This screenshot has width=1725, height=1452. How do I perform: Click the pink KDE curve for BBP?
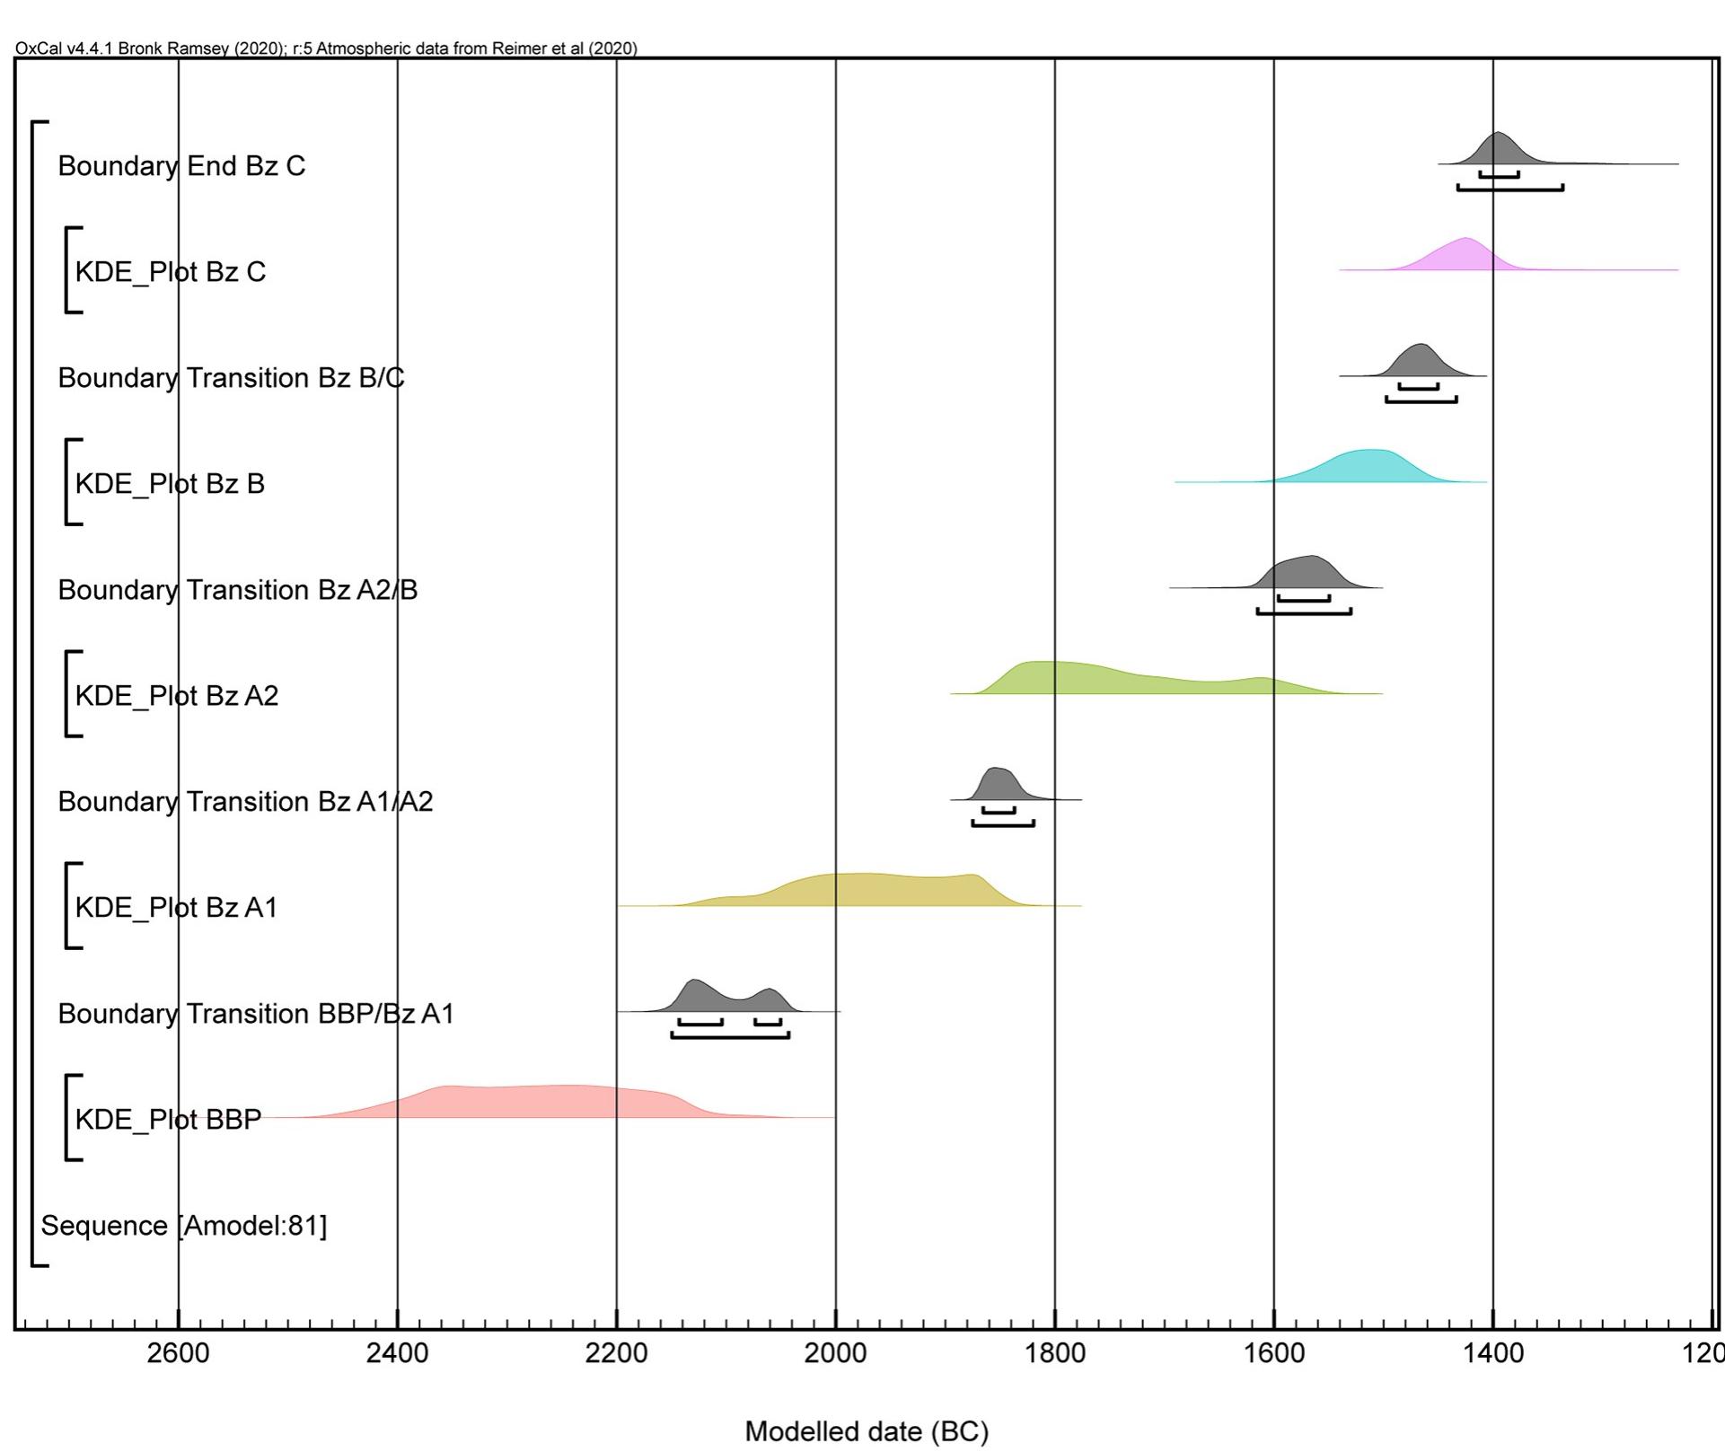(x=539, y=1103)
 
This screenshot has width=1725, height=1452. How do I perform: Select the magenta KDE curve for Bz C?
(x=1464, y=257)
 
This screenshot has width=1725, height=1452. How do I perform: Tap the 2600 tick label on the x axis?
(x=178, y=1352)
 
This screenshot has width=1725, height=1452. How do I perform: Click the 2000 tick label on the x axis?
(x=835, y=1352)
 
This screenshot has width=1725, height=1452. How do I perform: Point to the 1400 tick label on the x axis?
(x=1492, y=1352)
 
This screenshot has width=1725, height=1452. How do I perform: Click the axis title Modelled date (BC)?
(x=867, y=1431)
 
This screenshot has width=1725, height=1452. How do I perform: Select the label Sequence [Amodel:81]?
(x=184, y=1226)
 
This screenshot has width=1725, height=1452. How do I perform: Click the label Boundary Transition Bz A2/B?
(x=237, y=590)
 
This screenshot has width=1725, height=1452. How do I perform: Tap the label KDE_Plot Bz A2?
(x=176, y=696)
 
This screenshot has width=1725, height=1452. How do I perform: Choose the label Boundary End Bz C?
(x=181, y=166)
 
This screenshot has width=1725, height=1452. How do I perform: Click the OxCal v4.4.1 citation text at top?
(x=326, y=48)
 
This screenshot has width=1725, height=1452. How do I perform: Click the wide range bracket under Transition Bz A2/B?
(x=1304, y=612)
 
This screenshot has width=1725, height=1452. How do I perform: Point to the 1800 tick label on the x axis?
(x=1054, y=1352)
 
